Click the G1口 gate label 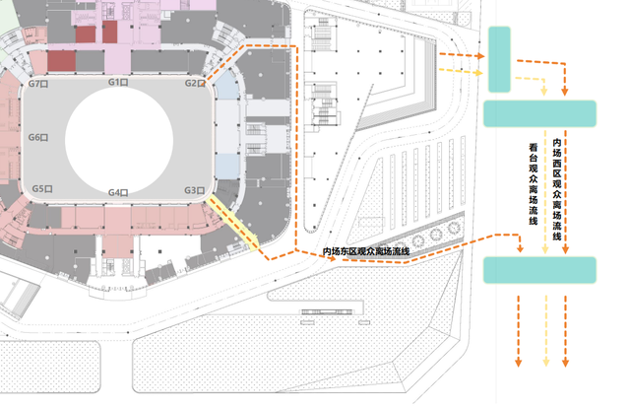click(x=118, y=83)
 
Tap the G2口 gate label click(x=194, y=83)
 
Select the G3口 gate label click(x=193, y=189)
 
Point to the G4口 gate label click(x=118, y=193)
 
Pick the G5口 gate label click(x=41, y=187)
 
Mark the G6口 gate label click(x=38, y=138)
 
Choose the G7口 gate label click(x=39, y=84)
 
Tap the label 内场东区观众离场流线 click(x=366, y=252)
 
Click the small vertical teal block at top click(x=499, y=59)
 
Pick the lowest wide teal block click(x=539, y=268)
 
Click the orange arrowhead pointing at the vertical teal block click(x=479, y=56)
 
